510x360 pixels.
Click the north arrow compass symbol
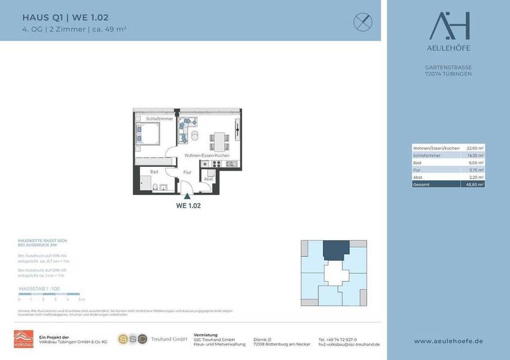pyautogui.click(x=363, y=22)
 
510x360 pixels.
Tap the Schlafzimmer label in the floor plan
pyautogui.click(x=160, y=118)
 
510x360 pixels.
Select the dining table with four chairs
pyautogui.click(x=220, y=141)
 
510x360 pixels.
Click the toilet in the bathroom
pyautogui.click(x=157, y=187)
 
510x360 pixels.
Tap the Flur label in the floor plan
pyautogui.click(x=188, y=172)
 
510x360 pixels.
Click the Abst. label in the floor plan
pyautogui.click(x=209, y=178)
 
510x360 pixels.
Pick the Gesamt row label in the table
pyautogui.click(x=421, y=184)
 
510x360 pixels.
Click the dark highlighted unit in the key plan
pyautogui.click(x=334, y=249)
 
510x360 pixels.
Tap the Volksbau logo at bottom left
pyautogui.click(x=23, y=339)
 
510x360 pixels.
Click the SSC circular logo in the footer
pyautogui.click(x=132, y=339)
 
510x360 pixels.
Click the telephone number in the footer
pyautogui.click(x=338, y=339)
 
